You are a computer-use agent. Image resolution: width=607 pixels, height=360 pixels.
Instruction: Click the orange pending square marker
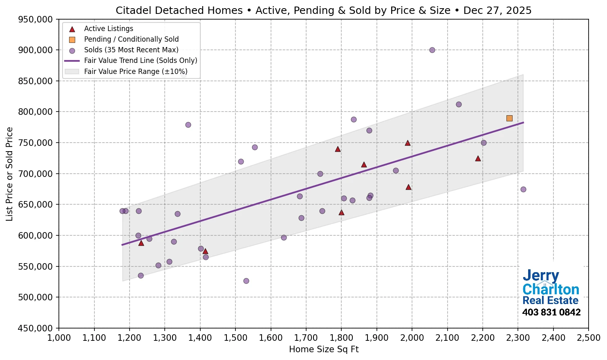click(x=509, y=118)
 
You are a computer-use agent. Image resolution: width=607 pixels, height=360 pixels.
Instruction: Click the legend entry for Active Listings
click(x=108, y=29)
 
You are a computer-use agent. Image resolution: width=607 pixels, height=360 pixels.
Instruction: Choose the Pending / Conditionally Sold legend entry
click(x=131, y=39)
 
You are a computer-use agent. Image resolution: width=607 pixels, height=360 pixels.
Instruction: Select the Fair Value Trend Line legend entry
click(x=141, y=60)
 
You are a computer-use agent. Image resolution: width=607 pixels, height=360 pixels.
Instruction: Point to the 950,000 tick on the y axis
click(x=36, y=19)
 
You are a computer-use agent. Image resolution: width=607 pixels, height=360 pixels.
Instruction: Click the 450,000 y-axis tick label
click(x=36, y=328)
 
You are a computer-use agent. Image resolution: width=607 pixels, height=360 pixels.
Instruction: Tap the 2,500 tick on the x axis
click(x=588, y=338)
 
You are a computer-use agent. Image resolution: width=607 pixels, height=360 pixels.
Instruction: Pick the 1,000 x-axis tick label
click(x=59, y=338)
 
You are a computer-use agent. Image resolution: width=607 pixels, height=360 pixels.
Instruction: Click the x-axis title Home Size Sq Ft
click(x=324, y=349)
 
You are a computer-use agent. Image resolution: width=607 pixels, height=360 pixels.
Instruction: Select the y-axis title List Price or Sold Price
click(x=9, y=174)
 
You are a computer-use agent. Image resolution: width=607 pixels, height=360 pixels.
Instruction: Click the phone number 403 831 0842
click(x=551, y=312)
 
